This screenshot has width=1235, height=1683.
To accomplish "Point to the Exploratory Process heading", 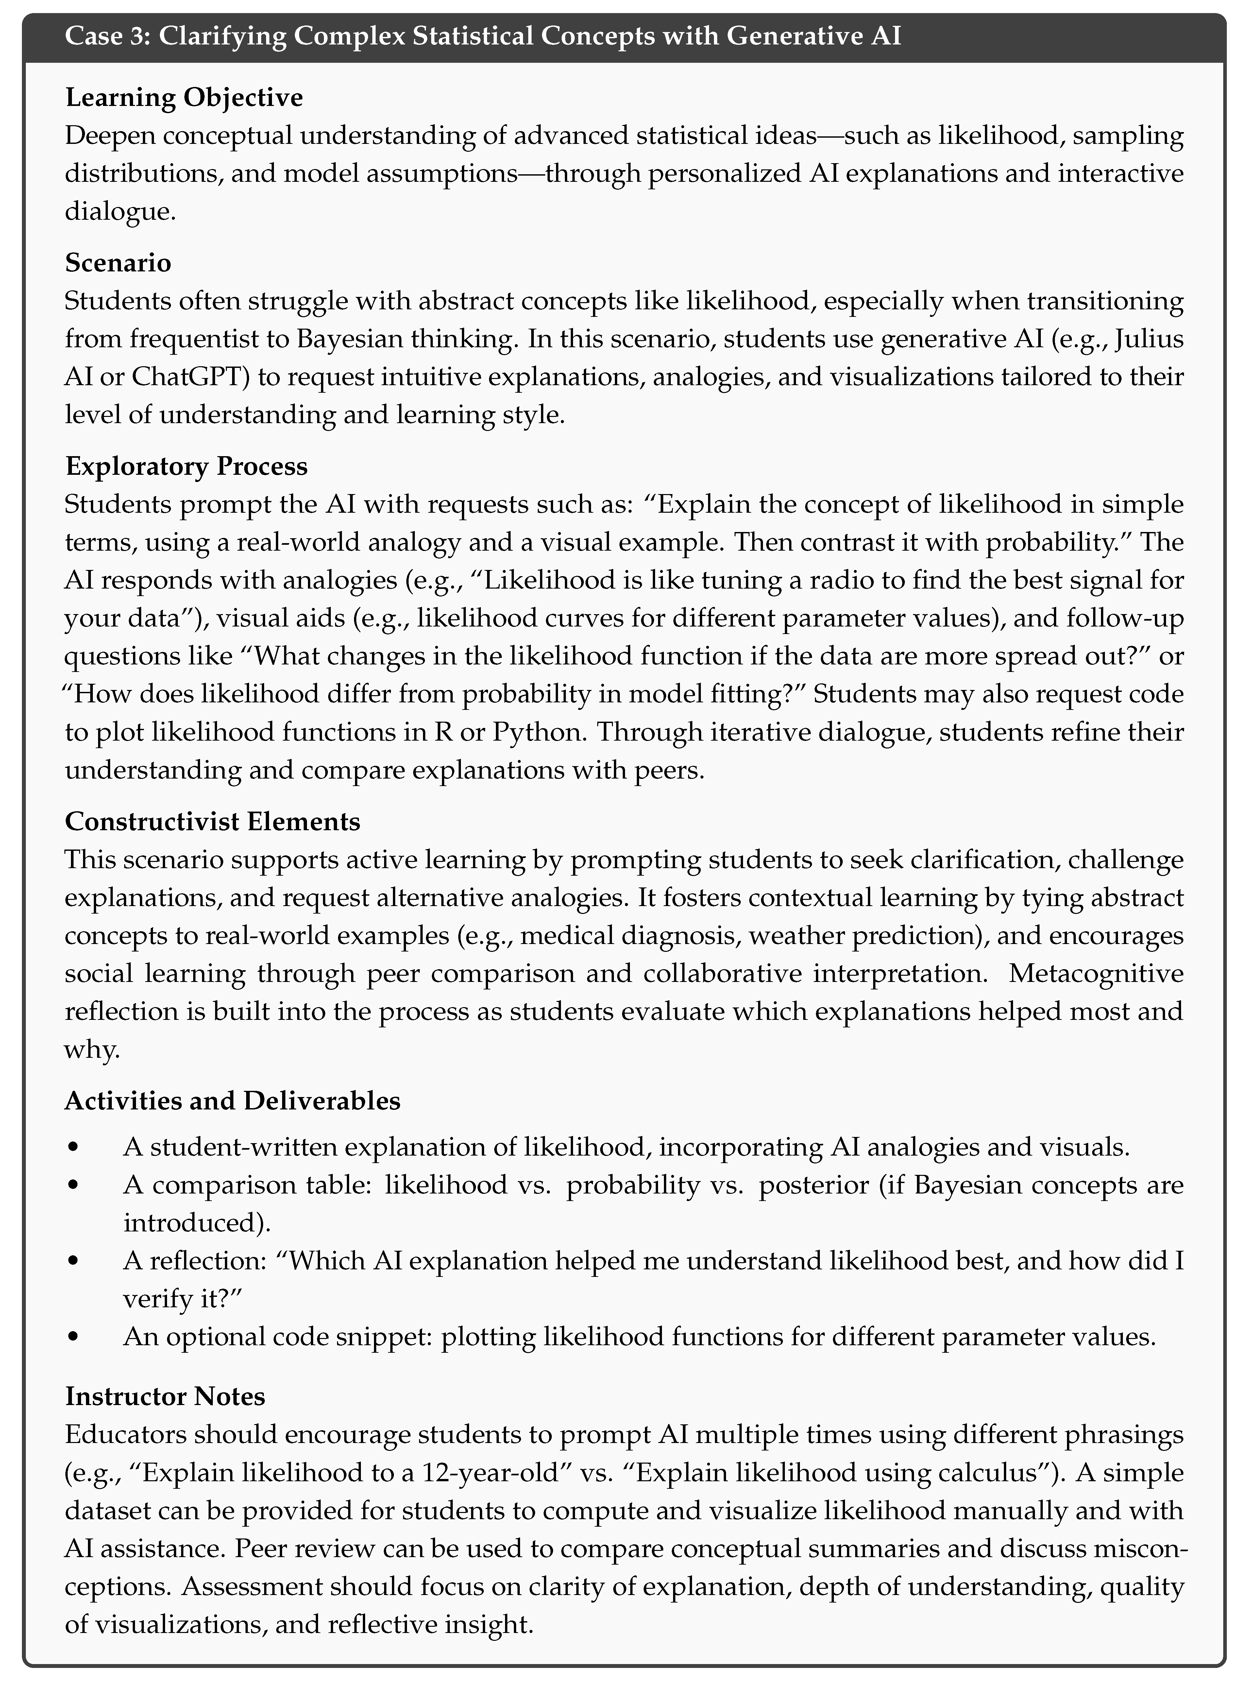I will [186, 466].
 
